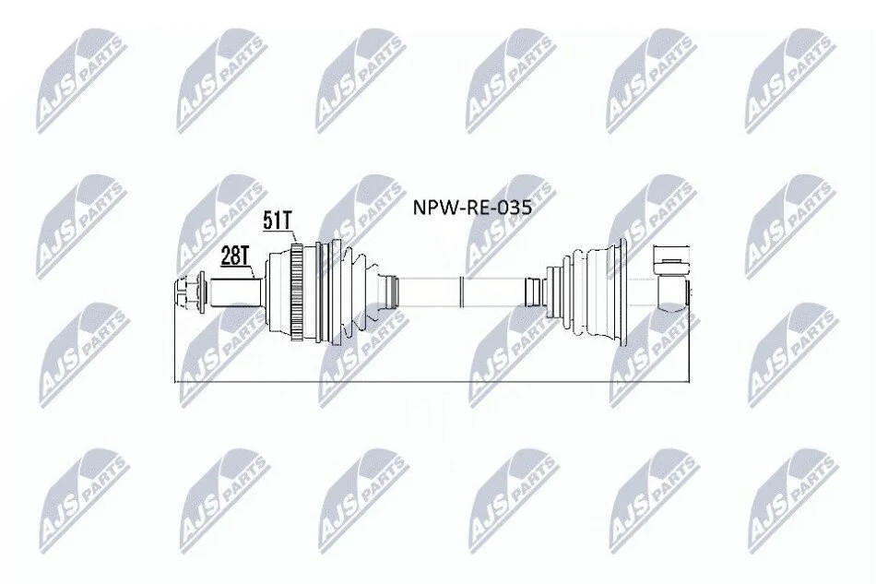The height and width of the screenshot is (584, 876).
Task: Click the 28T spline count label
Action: point(234,256)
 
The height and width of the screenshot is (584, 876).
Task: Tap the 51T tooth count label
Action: point(278,221)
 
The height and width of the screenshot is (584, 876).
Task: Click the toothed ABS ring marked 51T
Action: point(297,292)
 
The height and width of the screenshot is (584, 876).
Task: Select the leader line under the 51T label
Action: point(292,236)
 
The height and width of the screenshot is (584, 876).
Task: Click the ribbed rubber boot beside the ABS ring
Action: point(348,292)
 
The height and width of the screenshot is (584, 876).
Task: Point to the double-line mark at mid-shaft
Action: point(461,292)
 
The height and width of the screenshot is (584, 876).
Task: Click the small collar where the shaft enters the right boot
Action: point(534,292)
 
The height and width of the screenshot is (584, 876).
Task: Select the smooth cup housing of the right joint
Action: point(599,292)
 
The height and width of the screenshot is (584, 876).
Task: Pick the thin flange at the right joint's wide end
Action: point(621,292)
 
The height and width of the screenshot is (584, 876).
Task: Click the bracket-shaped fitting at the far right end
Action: point(671,276)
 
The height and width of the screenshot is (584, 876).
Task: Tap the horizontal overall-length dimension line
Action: point(432,383)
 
